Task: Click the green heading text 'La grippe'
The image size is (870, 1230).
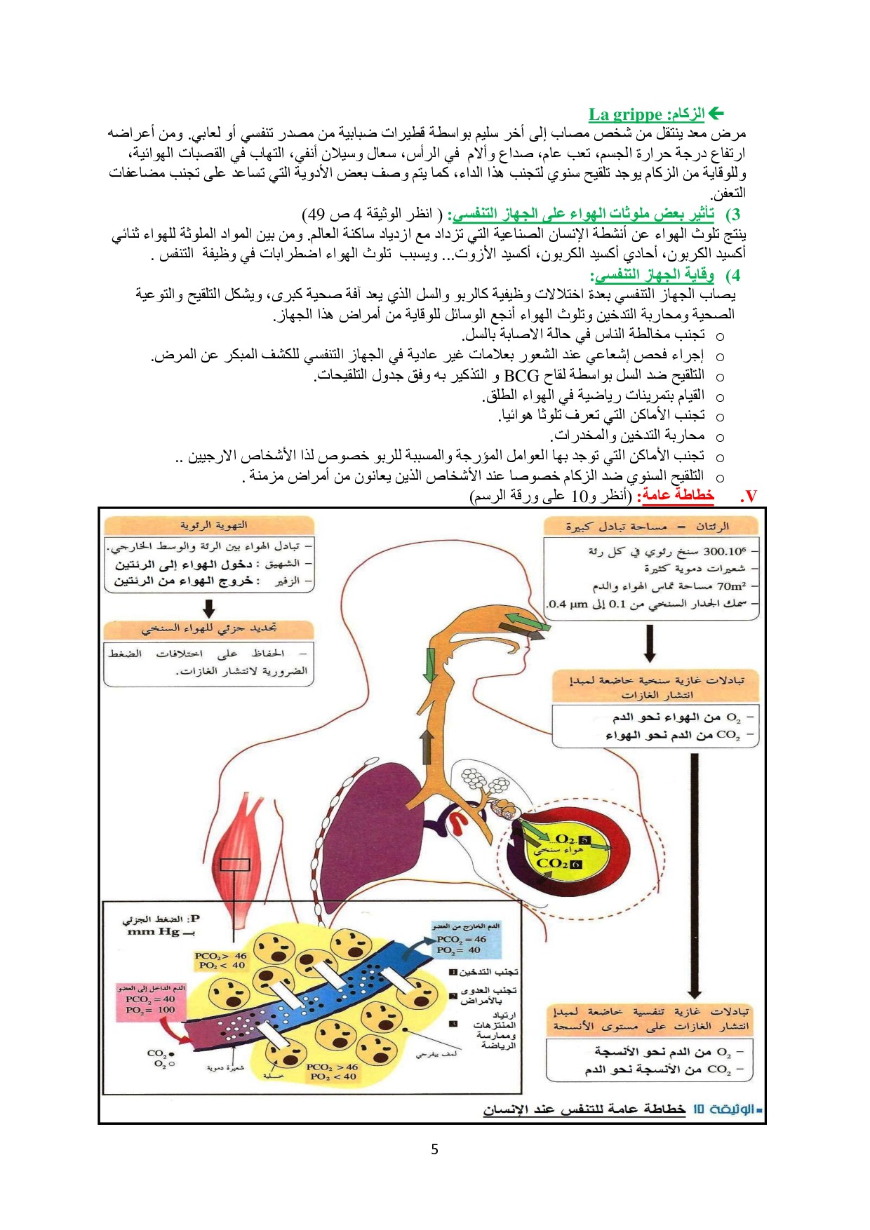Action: pos(625,114)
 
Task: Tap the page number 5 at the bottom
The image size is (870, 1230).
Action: pos(435,1149)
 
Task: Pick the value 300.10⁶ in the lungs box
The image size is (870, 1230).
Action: pos(725,551)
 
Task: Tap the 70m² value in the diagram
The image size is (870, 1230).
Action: pos(732,586)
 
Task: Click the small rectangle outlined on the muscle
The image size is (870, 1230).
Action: pos(235,865)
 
